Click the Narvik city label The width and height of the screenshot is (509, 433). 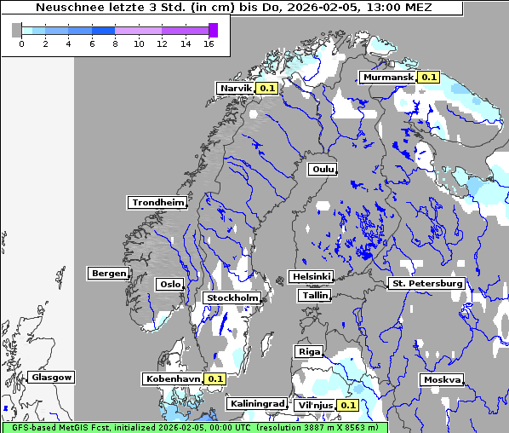[x=237, y=88]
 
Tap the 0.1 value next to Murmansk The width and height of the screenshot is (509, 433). [x=428, y=78]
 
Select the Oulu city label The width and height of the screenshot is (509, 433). [x=322, y=169]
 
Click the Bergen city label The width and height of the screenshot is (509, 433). [x=108, y=274]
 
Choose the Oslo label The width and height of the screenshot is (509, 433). [x=169, y=284]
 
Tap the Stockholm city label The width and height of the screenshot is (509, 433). [x=232, y=297]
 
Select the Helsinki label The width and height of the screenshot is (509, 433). [x=311, y=276]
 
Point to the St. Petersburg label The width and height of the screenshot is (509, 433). [x=426, y=283]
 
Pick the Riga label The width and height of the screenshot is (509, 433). [x=308, y=351]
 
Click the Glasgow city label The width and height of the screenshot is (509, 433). [x=52, y=377]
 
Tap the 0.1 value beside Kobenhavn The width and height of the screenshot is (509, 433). [x=215, y=378]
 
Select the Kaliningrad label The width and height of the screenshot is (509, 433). [x=256, y=403]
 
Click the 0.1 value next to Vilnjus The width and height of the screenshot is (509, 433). [x=348, y=405]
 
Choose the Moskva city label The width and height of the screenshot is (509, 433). [x=443, y=379]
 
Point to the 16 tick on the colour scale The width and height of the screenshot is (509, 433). [x=209, y=44]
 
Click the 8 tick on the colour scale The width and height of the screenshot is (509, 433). [x=115, y=44]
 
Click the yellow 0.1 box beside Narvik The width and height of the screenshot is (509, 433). [x=268, y=88]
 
